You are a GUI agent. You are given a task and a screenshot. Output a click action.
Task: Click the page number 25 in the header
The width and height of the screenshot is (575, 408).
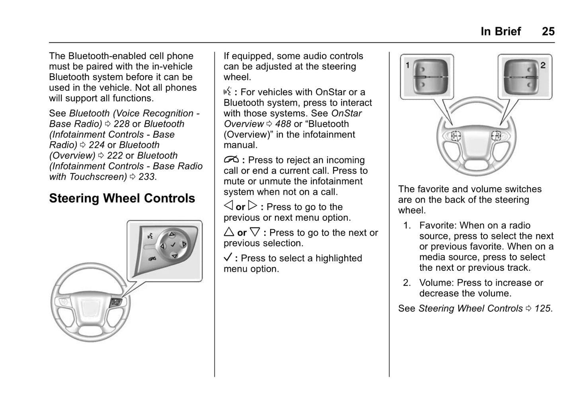[548, 31]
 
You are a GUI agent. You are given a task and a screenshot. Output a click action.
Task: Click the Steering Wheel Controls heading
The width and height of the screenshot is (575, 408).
[122, 198]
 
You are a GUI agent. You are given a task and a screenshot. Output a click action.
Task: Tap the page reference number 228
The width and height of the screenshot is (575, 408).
[122, 124]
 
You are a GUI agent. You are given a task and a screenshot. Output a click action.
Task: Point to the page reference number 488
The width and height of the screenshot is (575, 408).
[283, 124]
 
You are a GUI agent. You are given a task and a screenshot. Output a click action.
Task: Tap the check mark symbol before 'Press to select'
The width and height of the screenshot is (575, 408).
[228, 257]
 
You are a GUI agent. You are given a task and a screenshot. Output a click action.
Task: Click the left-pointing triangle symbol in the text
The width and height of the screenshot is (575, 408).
[228, 206]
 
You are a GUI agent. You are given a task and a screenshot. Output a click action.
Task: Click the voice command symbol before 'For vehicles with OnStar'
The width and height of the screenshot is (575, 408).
[227, 92]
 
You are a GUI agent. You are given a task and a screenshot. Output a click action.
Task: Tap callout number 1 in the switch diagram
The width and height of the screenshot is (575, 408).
[407, 65]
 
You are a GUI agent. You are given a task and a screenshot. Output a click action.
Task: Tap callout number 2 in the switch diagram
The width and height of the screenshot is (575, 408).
[543, 65]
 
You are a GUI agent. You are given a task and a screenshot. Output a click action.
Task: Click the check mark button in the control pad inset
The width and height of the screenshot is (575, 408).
[173, 245]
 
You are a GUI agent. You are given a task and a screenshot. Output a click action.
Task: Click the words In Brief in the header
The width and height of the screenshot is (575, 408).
[501, 31]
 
